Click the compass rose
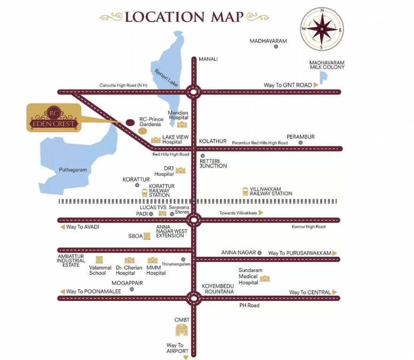(321, 29)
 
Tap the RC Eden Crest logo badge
(53, 118)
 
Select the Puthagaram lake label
(73, 170)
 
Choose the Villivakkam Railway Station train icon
(245, 191)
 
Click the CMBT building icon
(182, 330)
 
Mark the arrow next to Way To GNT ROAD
(316, 85)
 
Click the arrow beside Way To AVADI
(62, 227)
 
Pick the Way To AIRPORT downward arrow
(185, 357)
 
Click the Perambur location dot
(301, 142)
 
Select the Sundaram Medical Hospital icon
(265, 278)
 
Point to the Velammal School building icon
(99, 260)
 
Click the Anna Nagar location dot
(260, 253)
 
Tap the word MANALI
(208, 59)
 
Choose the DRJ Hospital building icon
(181, 170)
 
